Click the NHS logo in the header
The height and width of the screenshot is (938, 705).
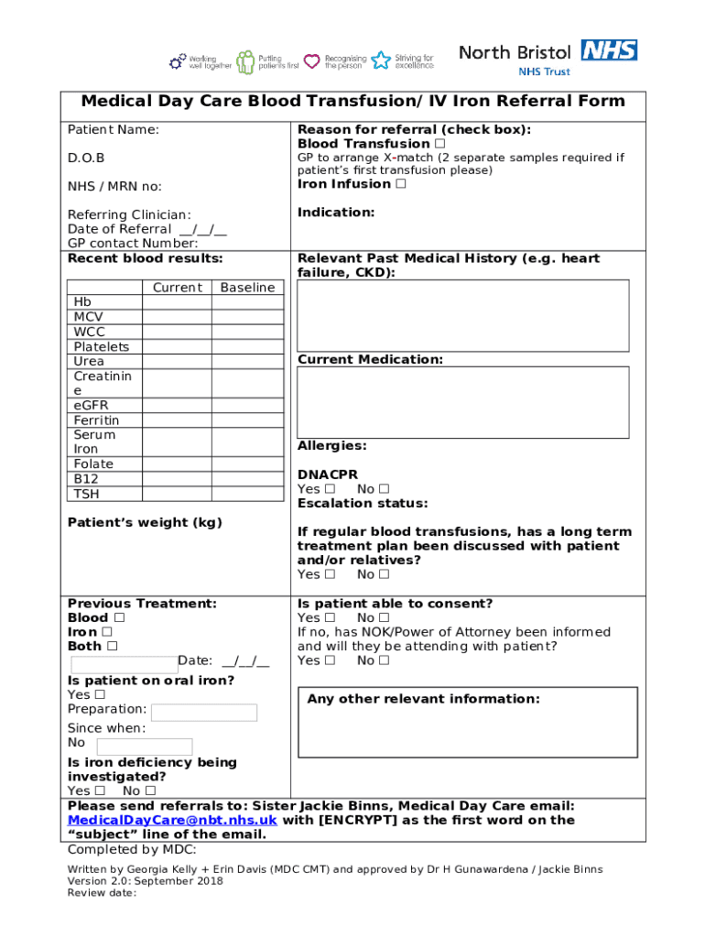pos(609,50)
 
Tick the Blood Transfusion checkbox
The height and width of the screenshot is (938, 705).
pos(440,144)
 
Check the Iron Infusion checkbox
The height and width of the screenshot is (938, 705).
pos(400,184)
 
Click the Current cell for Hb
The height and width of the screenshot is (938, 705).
pos(177,302)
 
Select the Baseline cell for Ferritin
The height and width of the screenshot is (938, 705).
pos(247,420)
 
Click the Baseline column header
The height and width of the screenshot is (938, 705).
pos(247,288)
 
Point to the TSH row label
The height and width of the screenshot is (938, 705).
pos(87,494)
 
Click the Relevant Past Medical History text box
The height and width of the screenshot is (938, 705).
pos(463,315)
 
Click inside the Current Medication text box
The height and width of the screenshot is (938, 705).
pos(463,402)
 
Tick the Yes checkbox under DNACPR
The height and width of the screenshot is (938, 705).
pos(330,489)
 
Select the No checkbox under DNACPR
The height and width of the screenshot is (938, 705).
pos(384,489)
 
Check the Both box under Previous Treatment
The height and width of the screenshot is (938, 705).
pos(112,646)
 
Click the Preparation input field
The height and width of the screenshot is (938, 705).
pos(204,713)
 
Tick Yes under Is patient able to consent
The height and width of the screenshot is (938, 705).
pos(330,618)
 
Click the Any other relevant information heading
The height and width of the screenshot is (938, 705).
pos(423,699)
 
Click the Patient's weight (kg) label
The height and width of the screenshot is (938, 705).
pos(145,522)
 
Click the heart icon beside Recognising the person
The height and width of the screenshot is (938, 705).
pos(312,61)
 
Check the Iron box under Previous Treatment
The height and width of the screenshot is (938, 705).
pos(107,632)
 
